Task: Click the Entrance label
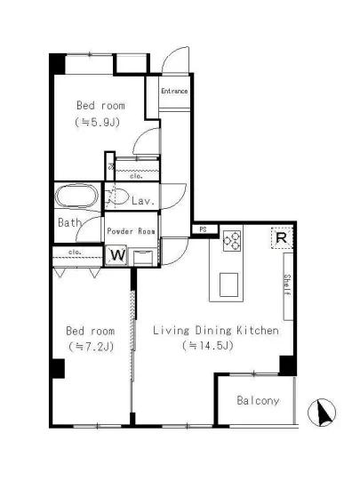click(174, 91)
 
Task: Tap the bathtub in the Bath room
click(76, 196)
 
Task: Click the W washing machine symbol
click(116, 255)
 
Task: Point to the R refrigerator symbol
click(282, 238)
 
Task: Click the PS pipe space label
click(203, 229)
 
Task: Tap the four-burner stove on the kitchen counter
click(232, 241)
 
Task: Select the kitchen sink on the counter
click(228, 285)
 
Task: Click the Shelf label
click(287, 285)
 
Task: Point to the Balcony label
click(258, 400)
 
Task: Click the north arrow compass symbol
click(322, 413)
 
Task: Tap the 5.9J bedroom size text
click(97, 122)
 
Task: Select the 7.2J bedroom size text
click(91, 347)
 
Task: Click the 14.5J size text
click(208, 345)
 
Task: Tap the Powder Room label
click(131, 231)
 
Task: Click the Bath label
click(69, 222)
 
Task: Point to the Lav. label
click(143, 201)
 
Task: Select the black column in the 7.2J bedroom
click(59, 368)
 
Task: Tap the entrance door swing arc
click(171, 53)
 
